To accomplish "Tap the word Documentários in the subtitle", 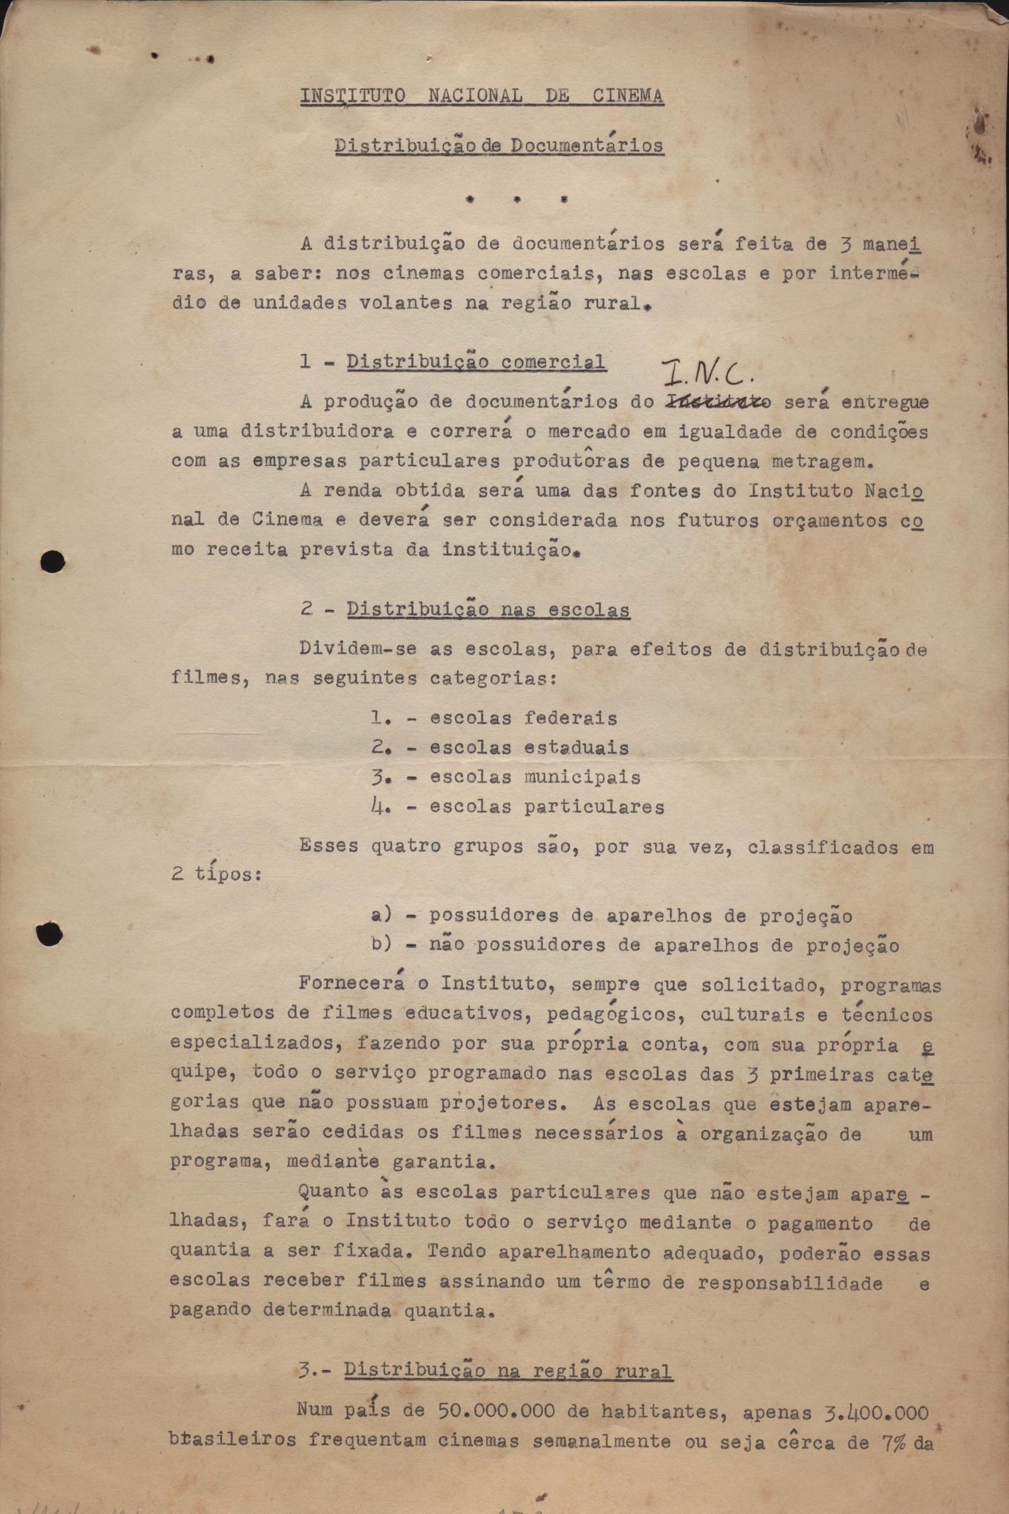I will point(586,145).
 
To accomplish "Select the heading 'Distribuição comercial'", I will point(475,362).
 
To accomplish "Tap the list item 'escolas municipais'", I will point(535,777).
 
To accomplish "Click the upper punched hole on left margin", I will point(53,561).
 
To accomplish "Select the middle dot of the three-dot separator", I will point(518,200).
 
